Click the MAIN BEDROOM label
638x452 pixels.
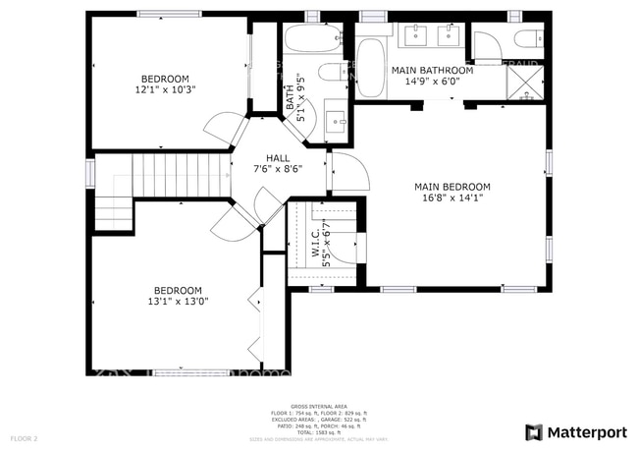pos(452,187)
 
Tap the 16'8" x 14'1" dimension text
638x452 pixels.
pos(452,198)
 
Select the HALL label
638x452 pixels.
pos(277,157)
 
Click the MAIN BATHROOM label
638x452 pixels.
pos(432,71)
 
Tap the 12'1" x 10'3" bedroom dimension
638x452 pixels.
pos(165,90)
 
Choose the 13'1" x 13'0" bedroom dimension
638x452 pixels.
pos(178,303)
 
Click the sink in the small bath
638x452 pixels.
pos(337,122)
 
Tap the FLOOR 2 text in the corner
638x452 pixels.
pos(24,437)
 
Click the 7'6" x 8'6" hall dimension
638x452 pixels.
pos(277,169)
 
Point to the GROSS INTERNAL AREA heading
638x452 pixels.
pos(319,405)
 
